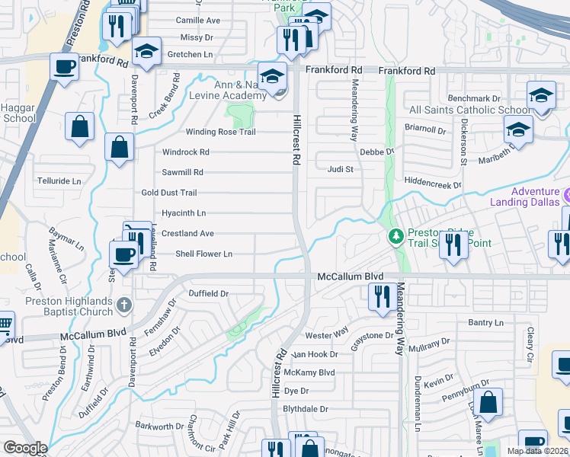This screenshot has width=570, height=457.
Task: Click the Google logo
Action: [25, 448]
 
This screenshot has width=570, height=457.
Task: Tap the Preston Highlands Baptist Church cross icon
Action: [125, 305]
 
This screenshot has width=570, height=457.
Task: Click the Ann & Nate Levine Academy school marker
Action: [271, 76]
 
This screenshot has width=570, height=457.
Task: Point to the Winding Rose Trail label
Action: [205, 132]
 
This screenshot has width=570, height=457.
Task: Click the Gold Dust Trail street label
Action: [169, 193]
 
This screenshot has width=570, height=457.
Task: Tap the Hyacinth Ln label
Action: [184, 213]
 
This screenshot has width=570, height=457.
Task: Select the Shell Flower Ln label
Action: [203, 254]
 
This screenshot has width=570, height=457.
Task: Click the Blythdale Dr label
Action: [305, 409]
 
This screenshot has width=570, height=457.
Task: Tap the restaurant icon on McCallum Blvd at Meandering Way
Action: [381, 296]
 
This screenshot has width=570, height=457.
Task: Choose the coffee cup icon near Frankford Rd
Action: [64, 66]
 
